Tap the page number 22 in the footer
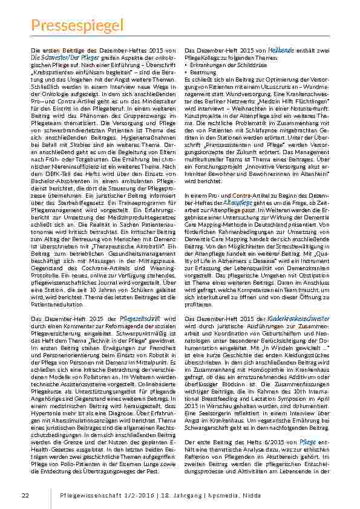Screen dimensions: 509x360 [x=25, y=496]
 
